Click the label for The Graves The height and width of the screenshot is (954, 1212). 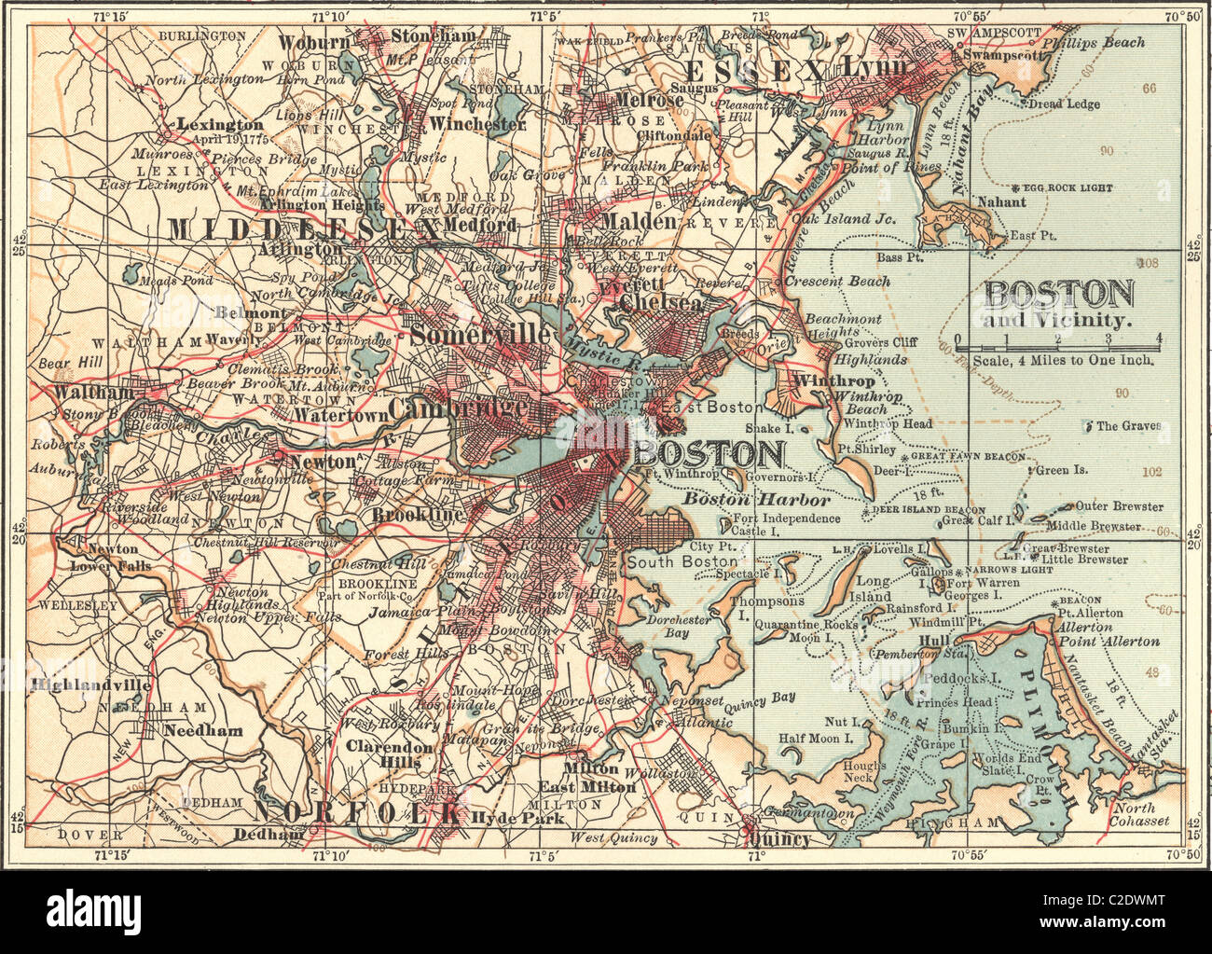1128,426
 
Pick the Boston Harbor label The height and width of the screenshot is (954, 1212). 756,500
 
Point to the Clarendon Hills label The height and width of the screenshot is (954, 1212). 390,754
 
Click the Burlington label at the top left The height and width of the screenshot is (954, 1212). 202,35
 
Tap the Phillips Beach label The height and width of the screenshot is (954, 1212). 1093,43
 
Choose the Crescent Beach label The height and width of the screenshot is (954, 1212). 836,281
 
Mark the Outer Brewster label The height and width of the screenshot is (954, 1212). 1119,506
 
